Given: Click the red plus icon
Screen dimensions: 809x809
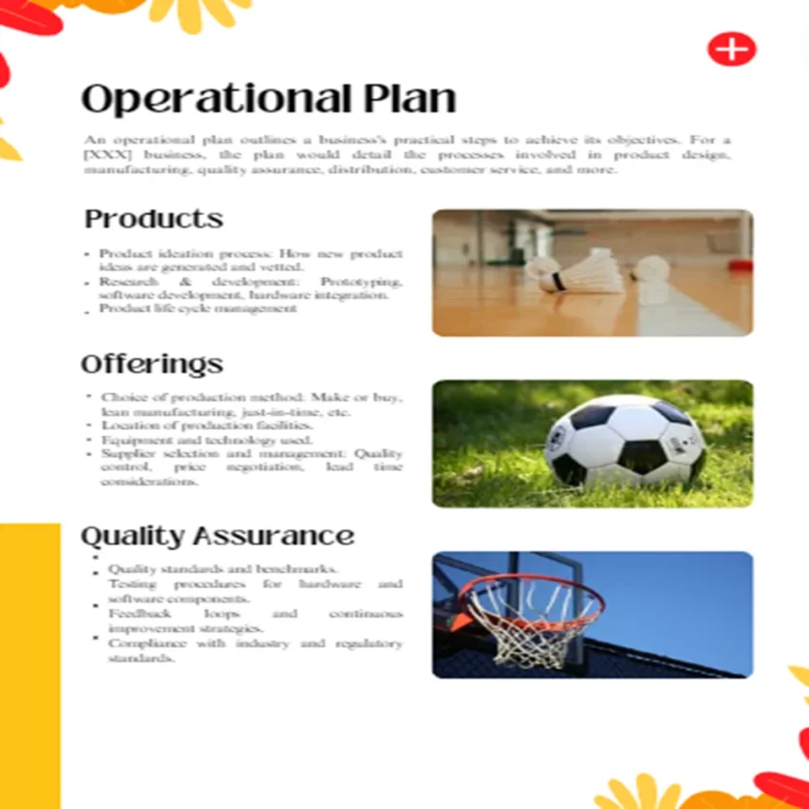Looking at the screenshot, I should tap(731, 49).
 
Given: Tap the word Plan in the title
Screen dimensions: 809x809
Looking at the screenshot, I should tap(409, 100).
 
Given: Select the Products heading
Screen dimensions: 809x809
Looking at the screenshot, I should tap(154, 219).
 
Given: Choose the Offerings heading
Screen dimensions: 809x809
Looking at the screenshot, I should tap(152, 365).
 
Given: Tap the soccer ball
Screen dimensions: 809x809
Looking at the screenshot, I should tap(624, 442).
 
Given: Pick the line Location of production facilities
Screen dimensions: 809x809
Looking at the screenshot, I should tap(207, 426).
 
